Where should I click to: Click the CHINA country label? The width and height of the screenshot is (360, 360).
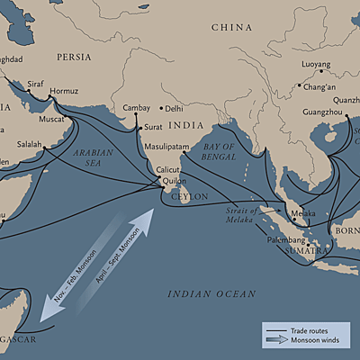tap(231, 28)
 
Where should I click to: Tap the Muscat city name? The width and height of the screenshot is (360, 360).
tap(52, 118)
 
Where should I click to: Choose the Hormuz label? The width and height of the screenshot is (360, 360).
tap(64, 91)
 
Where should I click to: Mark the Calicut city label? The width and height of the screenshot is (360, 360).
tap(168, 169)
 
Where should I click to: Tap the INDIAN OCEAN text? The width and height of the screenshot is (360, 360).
tap(211, 294)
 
